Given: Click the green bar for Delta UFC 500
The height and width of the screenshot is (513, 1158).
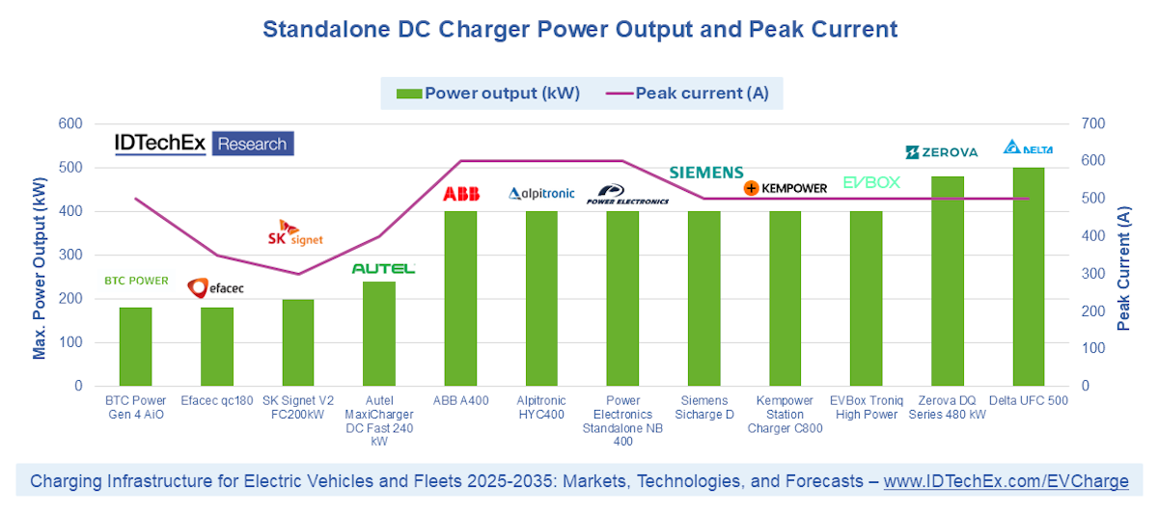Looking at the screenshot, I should (x=1029, y=277).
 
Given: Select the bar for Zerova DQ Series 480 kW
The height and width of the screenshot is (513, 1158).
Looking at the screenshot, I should (x=948, y=282).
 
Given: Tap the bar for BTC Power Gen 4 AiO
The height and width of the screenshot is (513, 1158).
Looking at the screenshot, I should (x=135, y=347).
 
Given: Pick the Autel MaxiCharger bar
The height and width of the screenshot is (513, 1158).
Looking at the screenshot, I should (x=379, y=334).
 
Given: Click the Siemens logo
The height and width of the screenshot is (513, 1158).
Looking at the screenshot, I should (x=707, y=173).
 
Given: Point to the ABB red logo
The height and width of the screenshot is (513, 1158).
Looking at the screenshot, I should (x=460, y=194).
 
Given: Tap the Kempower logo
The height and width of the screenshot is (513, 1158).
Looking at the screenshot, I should (x=786, y=188).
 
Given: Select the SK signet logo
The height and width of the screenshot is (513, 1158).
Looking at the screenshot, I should (x=294, y=232).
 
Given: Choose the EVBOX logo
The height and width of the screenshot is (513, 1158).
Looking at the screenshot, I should (x=871, y=182).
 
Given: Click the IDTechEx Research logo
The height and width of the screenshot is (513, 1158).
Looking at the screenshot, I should (x=204, y=144).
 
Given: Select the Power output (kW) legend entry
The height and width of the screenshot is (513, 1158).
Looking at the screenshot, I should (x=488, y=94).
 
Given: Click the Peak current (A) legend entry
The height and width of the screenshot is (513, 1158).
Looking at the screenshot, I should (x=688, y=94).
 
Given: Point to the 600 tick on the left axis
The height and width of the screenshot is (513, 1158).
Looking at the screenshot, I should (x=69, y=123).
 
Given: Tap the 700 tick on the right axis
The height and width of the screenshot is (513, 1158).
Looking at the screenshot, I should (x=1094, y=123).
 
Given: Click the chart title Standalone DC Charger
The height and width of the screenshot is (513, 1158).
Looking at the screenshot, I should (x=580, y=30).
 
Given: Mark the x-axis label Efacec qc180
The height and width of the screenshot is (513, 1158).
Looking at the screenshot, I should (x=217, y=401).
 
